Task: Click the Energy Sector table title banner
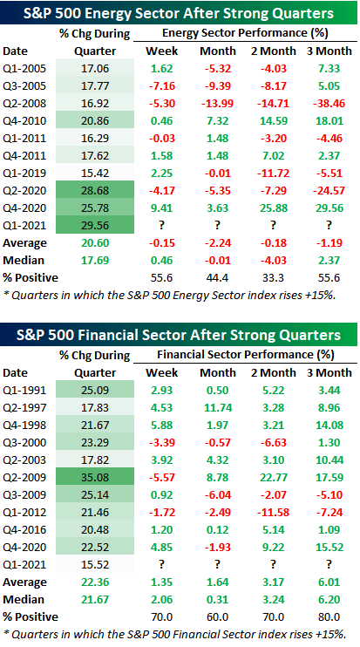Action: click(x=180, y=12)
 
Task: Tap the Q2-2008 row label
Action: click(x=24, y=104)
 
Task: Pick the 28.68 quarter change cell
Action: click(x=95, y=191)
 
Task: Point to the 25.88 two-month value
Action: click(x=274, y=208)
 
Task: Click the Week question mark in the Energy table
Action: click(x=161, y=226)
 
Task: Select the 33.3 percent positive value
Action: click(x=274, y=278)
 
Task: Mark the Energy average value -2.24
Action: click(x=218, y=243)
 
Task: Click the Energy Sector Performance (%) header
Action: click(x=245, y=34)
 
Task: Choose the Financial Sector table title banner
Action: click(x=180, y=335)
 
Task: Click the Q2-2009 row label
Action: click(x=24, y=478)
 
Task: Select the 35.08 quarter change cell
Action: click(x=95, y=478)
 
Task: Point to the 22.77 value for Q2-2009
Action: click(x=274, y=478)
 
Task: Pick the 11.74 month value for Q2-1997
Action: click(x=218, y=408)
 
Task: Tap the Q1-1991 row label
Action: click(x=24, y=391)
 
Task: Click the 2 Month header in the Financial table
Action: click(x=274, y=373)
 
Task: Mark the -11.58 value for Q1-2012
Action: click(x=274, y=513)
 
